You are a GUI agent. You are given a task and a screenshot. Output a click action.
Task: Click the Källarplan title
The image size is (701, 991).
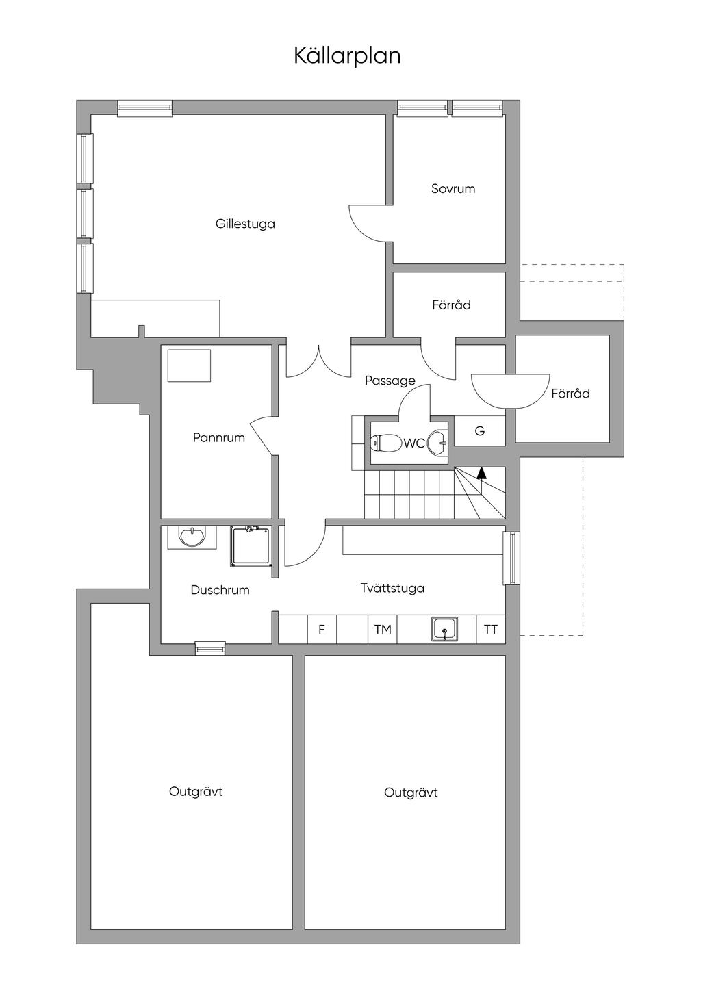tap(347, 55)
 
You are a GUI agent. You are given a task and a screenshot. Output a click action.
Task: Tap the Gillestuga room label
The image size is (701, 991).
tap(245, 224)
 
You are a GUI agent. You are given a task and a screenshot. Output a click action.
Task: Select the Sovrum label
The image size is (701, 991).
tap(453, 189)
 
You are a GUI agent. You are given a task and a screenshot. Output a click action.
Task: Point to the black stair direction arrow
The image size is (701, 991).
tap(482, 472)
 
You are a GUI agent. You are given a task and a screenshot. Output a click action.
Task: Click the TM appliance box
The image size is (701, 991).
tap(383, 630)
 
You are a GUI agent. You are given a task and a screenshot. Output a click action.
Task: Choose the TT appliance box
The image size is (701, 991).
tap(491, 630)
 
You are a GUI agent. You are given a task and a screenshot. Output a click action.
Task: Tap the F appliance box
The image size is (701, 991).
tap(322, 630)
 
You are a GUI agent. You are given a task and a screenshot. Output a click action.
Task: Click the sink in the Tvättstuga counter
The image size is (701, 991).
tap(444, 628)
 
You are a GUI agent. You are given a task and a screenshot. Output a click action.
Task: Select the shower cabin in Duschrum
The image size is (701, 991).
tap(251, 545)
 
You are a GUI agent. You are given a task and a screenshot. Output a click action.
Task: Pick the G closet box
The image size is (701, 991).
tap(480, 431)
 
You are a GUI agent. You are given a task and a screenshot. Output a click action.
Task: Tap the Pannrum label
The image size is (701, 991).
tap(218, 438)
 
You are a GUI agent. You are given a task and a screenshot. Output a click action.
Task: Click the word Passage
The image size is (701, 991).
tap(390, 381)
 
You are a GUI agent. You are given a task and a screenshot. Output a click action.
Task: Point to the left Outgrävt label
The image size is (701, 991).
tap(196, 792)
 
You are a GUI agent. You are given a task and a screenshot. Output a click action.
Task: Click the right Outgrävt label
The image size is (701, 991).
tap(411, 793)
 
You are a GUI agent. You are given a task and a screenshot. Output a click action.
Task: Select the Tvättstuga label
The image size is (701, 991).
tap(392, 588)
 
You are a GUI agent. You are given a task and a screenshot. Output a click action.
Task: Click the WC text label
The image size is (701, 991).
tap(413, 443)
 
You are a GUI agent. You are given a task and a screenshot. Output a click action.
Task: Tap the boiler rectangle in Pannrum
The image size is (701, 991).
tap(190, 365)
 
